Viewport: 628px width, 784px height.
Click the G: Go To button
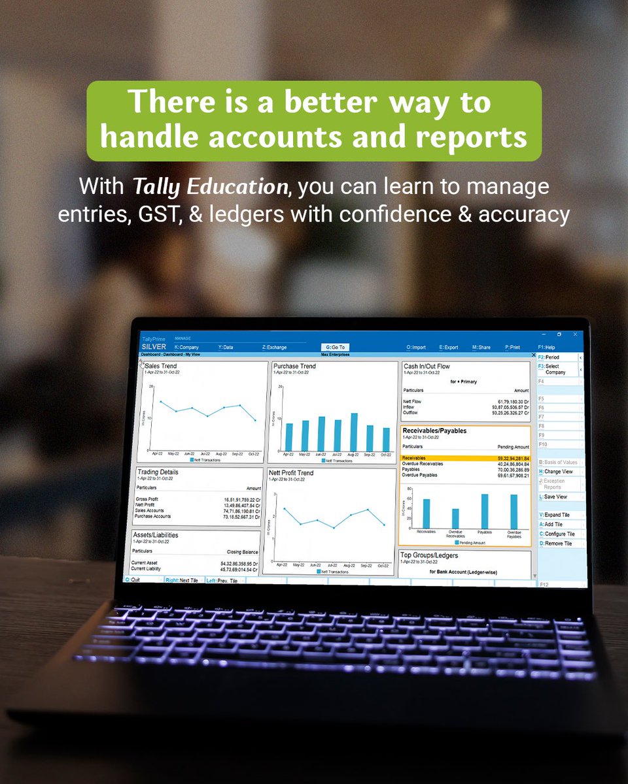coord(336,347)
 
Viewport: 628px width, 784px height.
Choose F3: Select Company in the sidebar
coord(555,369)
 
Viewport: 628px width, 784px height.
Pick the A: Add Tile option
coord(553,524)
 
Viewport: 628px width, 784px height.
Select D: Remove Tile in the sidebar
coord(555,543)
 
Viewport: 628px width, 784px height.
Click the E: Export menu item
coord(449,348)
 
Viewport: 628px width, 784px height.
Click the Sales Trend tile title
coord(161,367)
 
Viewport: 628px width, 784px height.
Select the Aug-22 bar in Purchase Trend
coord(354,432)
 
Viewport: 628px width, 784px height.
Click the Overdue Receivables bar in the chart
coord(455,517)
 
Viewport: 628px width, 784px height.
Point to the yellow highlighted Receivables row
coord(465,458)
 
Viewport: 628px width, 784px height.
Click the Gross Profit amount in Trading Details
coord(242,499)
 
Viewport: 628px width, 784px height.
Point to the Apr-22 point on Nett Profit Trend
coord(284,508)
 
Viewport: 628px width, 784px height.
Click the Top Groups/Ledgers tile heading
coord(429,555)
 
